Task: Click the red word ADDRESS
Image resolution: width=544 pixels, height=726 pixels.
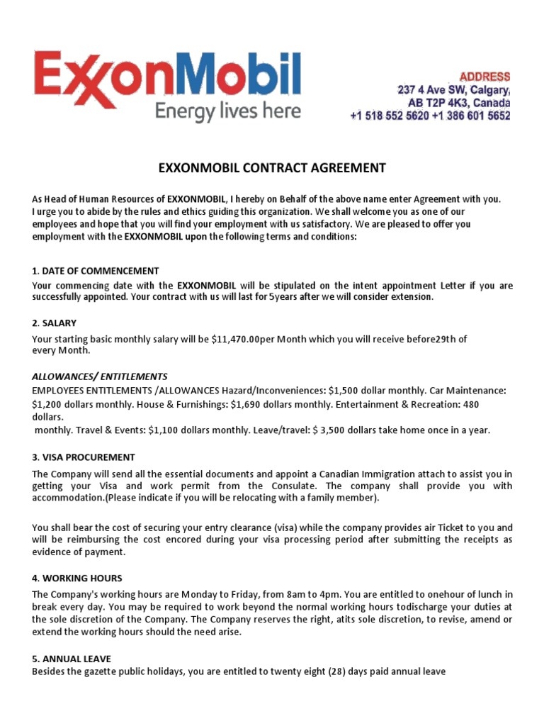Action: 484,76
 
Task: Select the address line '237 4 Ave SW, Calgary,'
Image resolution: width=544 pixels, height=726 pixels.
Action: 453,90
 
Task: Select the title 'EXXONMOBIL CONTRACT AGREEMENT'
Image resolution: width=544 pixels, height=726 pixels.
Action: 271,168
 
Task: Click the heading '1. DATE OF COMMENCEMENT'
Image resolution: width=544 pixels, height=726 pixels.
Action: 96,271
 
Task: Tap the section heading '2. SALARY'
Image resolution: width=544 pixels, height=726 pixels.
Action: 55,323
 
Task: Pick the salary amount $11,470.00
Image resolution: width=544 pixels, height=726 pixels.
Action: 235,339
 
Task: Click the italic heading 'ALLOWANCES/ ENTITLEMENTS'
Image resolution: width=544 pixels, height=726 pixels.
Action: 100,376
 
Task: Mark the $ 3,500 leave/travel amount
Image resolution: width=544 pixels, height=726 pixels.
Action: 359,430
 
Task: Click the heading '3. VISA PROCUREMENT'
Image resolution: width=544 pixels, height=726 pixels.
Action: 84,457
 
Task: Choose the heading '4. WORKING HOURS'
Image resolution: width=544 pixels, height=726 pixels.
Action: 77,578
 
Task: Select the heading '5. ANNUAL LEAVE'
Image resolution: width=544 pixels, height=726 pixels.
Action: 72,659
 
